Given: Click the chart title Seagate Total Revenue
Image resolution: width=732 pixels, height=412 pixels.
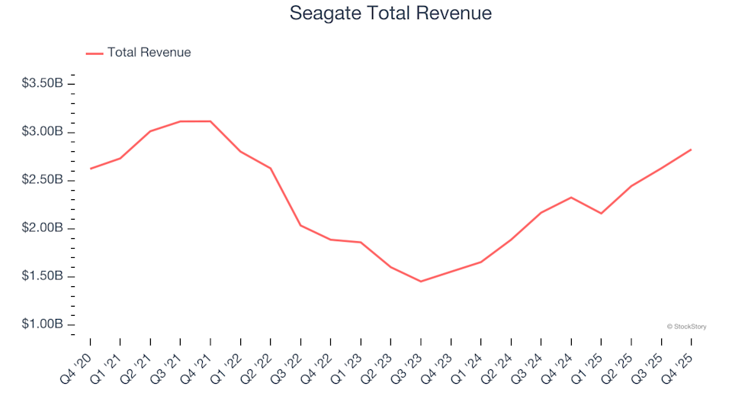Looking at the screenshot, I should pos(390,14).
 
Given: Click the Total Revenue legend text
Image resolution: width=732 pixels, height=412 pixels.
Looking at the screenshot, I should pos(149,53).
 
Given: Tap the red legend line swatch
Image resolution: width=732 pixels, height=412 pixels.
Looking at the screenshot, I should pos(95,53).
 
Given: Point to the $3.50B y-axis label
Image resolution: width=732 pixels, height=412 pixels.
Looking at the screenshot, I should pos(43,83).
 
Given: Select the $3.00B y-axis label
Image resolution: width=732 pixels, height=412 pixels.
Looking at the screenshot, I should pos(43,132).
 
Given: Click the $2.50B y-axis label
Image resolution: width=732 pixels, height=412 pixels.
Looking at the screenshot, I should pos(43,180).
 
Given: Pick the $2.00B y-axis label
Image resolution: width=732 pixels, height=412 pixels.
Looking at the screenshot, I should pos(43,228).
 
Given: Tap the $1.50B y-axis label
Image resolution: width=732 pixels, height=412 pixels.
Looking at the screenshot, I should pos(43,276).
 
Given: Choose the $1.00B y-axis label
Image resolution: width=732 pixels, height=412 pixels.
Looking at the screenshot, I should pos(43,324).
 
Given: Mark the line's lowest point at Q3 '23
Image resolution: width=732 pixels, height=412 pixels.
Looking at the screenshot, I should pos(421,282).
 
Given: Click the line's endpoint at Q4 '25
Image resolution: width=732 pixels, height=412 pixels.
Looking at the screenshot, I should pos(691,150).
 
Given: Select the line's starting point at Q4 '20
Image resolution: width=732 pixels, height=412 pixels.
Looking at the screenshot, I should pos(90,169).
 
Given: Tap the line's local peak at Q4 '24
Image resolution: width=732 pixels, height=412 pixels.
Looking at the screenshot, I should pos(571,198).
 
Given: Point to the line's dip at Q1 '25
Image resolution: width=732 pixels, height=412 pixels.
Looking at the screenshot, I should pos(601,214).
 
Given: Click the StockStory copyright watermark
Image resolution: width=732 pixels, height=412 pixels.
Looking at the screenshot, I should pos(686,327).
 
